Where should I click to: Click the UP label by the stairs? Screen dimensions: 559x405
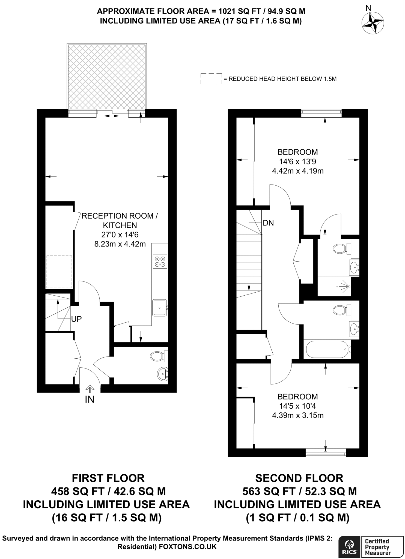[x=76, y=319]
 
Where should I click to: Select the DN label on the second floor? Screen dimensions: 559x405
[x=268, y=223]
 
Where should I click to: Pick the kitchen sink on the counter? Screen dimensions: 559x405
[x=160, y=308]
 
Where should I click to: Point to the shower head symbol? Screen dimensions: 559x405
[x=348, y=286]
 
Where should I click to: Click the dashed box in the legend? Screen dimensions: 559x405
[x=211, y=79]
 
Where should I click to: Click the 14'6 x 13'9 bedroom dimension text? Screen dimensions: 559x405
[x=297, y=162]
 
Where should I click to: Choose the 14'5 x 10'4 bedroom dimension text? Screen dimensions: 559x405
[x=297, y=406]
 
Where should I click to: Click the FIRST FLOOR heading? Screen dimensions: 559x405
[x=108, y=478]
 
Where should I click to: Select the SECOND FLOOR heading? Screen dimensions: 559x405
[x=299, y=478]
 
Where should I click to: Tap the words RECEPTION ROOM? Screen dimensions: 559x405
[x=120, y=216]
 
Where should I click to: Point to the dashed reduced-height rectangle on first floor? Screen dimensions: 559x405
[x=59, y=272]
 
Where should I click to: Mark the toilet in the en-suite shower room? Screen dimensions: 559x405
[x=340, y=248]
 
